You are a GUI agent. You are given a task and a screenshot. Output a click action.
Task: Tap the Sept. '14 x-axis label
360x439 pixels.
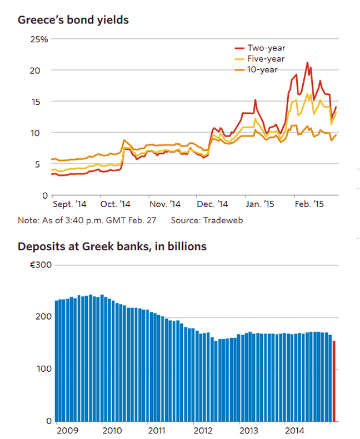[69, 204]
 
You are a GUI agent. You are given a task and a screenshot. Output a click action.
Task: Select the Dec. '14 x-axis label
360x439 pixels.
[213, 204]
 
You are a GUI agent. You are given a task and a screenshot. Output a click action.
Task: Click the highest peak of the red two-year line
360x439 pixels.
[307, 63]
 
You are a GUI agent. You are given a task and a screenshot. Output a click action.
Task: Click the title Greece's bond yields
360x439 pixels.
[73, 21]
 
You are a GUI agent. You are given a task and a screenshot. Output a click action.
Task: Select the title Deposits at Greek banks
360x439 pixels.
[112, 246]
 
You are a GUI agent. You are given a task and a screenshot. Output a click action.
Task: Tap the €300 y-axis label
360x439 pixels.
[41, 265]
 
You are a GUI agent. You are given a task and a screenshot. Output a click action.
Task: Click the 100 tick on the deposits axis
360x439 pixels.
[43, 369]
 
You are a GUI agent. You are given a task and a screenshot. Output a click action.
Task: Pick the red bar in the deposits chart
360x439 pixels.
[334, 381]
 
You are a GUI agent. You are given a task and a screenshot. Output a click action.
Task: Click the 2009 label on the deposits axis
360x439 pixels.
[67, 430]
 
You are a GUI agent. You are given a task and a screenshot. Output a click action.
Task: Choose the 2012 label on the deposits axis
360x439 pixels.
[202, 430]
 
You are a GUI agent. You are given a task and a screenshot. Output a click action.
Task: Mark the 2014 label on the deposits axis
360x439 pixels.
[292, 430]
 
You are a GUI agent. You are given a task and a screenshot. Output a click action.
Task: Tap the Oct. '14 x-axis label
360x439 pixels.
[116, 204]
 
